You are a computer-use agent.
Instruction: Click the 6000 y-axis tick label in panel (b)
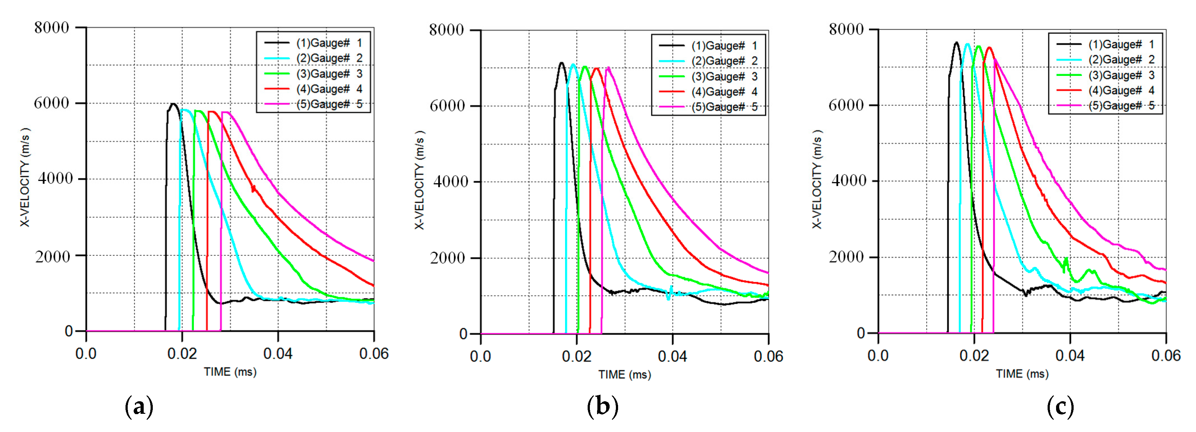[447, 106]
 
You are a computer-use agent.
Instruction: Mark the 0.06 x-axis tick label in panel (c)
[1165, 356]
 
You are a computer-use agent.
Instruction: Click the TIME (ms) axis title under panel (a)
[230, 372]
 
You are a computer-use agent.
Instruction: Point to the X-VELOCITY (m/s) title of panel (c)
[817, 179]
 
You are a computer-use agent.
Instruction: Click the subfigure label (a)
[139, 407]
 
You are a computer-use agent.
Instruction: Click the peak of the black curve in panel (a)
[173, 104]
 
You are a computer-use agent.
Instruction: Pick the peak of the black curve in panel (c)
[956, 43]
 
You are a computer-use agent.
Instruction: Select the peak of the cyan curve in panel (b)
[573, 65]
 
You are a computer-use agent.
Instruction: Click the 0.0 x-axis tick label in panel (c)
[878, 356]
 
